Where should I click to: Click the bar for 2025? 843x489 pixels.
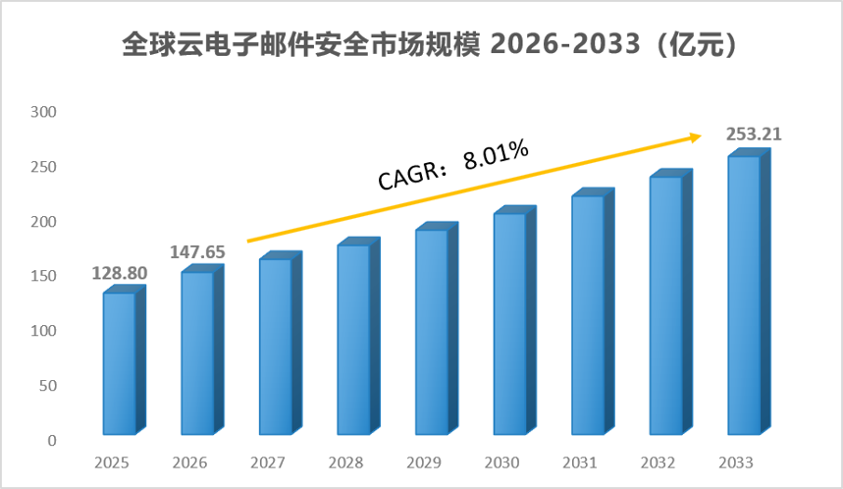coord(125,360)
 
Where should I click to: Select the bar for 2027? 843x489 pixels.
coord(280,344)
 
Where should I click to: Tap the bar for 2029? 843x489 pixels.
coord(437,329)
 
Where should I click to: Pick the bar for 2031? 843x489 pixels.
coord(593,312)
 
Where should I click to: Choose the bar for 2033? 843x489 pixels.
coord(749,292)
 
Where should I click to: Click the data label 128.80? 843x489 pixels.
coord(120,273)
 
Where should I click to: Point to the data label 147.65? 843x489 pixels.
coord(197,251)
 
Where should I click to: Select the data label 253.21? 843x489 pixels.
coord(754,134)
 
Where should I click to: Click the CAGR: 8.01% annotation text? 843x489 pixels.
coord(453,165)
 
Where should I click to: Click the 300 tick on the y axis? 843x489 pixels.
coord(43,112)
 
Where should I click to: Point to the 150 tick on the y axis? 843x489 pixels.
coord(43,276)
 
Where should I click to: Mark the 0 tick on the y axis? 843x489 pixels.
coord(52,441)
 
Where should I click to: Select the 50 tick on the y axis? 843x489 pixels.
coord(48,386)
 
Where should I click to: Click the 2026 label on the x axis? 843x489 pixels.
coord(189,462)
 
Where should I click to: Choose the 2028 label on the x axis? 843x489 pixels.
coord(345,462)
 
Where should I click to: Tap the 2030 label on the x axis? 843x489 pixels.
coord(502,462)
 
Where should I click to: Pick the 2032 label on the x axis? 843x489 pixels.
coord(659,462)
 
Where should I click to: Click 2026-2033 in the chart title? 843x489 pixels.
coord(565,43)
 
